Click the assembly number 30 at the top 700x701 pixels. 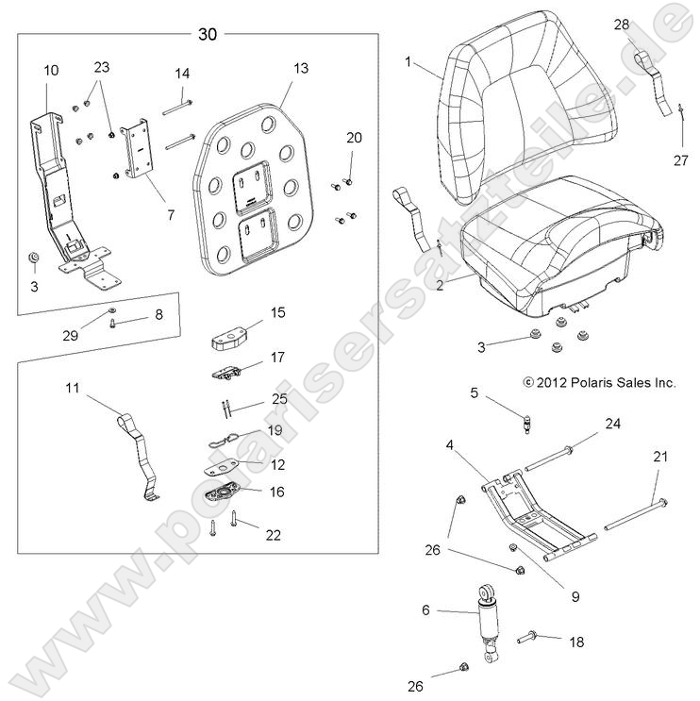[x=208, y=35]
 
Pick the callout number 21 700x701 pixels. [x=660, y=457]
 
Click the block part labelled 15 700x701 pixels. [x=230, y=338]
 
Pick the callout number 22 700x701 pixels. [x=273, y=535]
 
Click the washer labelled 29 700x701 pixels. [x=111, y=309]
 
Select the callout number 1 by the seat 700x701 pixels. [x=408, y=61]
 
